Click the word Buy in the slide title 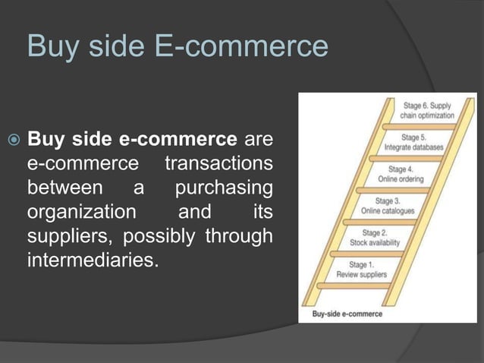47,47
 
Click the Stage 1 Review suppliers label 361,270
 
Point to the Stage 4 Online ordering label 401,174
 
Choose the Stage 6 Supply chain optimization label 429,111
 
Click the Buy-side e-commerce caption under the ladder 347,313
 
